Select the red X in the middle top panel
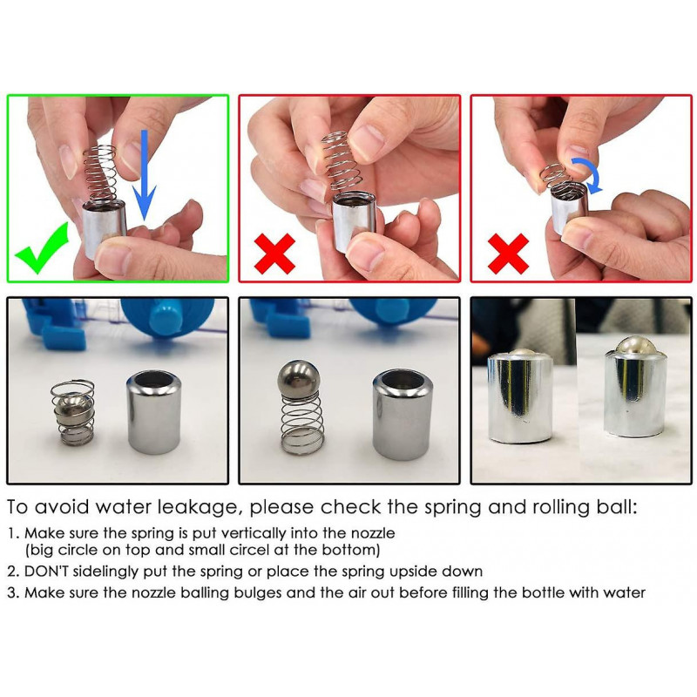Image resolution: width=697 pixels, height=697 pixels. pyautogui.click(x=274, y=254)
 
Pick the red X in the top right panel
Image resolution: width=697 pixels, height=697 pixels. pyautogui.click(x=508, y=254)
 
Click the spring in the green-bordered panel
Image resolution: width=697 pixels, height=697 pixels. pyautogui.click(x=99, y=174)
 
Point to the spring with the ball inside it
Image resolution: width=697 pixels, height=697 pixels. pyautogui.click(x=73, y=413)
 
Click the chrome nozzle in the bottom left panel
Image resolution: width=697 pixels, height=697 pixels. pyautogui.click(x=154, y=412)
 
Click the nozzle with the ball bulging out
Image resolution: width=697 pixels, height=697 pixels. pyautogui.click(x=635, y=387)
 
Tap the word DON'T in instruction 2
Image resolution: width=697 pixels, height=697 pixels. pyautogui.click(x=46, y=571)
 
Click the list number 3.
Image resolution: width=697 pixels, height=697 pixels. pyautogui.click(x=12, y=592)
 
